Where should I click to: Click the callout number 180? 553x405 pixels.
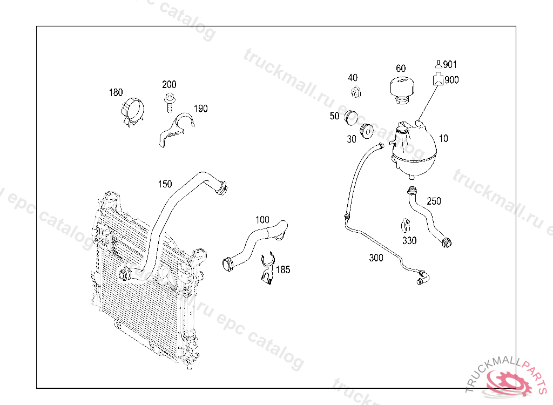(x=116, y=92)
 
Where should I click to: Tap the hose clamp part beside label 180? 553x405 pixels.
(x=133, y=112)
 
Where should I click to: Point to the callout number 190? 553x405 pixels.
(x=200, y=109)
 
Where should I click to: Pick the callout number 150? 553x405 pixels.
(x=165, y=184)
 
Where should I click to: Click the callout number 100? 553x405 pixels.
(x=262, y=220)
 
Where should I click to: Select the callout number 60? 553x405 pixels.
(x=401, y=69)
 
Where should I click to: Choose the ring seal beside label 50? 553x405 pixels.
(x=352, y=116)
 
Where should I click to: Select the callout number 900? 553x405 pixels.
(x=452, y=80)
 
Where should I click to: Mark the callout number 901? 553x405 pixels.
(x=450, y=65)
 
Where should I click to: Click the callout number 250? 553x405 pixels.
(x=434, y=201)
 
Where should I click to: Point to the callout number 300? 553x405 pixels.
(x=376, y=258)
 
